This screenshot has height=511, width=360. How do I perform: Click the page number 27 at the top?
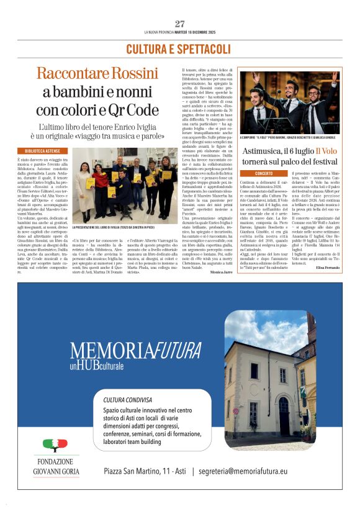(x=180, y=24)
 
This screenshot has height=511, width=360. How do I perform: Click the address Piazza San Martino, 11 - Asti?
(x=145, y=472)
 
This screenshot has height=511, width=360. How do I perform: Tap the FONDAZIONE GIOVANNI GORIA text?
(x=55, y=466)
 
